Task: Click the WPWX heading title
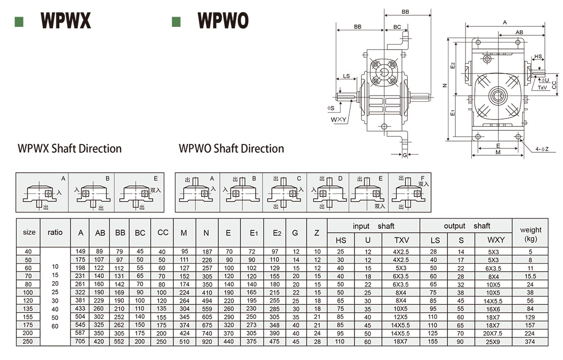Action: coord(66,21)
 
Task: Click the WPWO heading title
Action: coord(223,21)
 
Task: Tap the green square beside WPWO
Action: coord(176,22)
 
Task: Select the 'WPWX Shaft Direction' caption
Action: coord(70,148)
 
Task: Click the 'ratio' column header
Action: coord(55,232)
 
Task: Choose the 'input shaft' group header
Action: coord(373,226)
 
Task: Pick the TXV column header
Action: coord(401,240)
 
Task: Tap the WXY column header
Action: coord(493,240)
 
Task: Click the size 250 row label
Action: coord(28,341)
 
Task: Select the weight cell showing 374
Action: coord(530,341)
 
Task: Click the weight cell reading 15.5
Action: coord(530,276)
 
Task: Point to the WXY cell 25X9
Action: coord(493,341)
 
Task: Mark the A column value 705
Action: coord(81,341)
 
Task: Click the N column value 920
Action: coord(206,341)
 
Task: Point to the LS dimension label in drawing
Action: coord(346,76)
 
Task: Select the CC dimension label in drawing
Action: coord(554,85)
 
